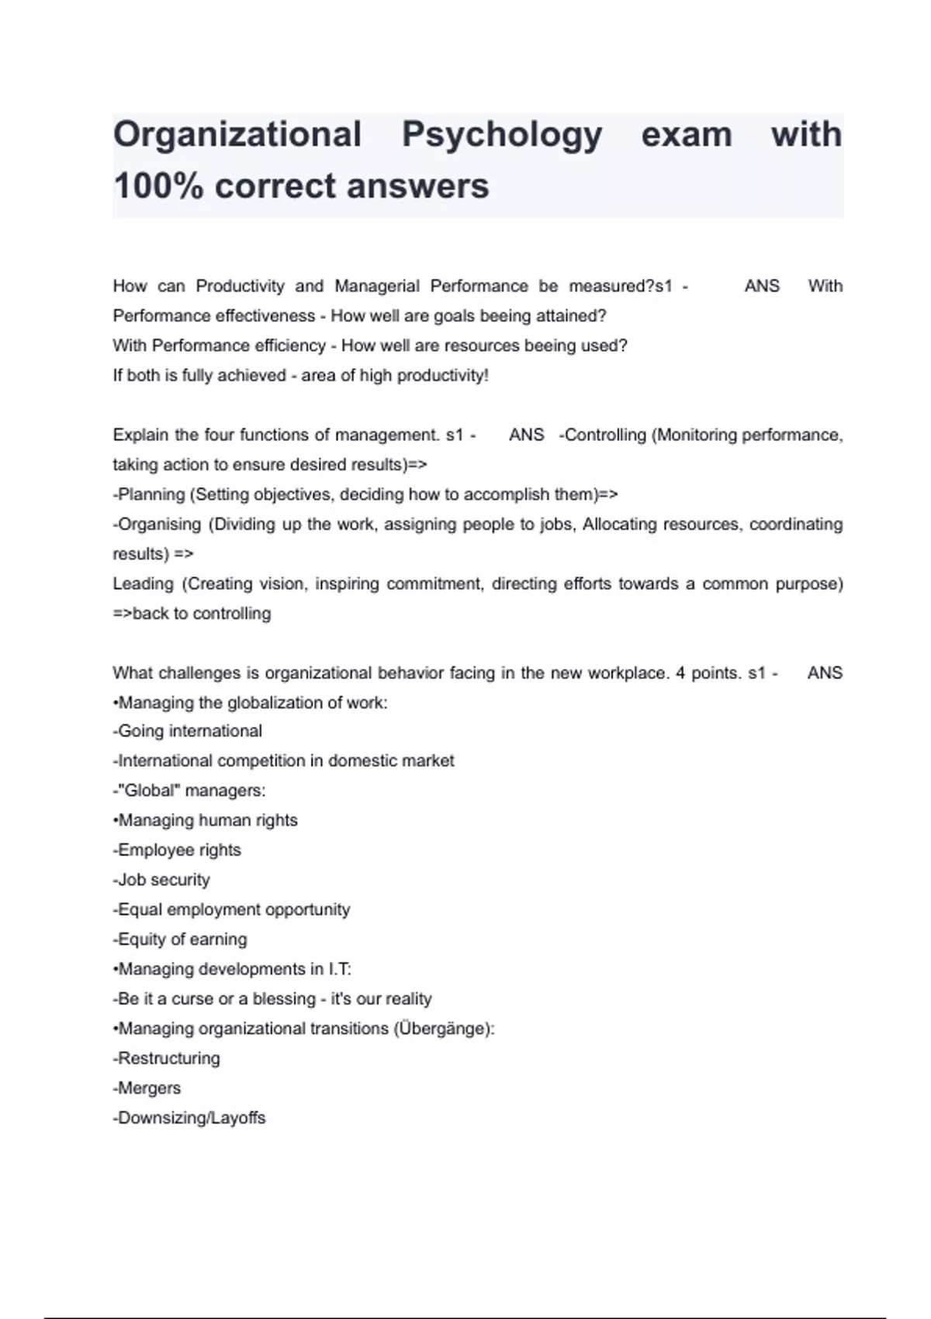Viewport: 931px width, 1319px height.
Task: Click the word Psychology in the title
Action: coord(501,135)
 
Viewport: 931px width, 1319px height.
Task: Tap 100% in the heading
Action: coord(157,186)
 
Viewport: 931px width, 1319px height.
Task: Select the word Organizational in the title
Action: coord(237,135)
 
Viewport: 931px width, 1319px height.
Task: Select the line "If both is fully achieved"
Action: coord(300,376)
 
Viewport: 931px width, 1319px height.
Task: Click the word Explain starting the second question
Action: coord(140,435)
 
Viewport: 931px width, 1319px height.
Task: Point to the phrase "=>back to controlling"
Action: coord(192,614)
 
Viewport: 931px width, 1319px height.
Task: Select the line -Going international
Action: coord(187,732)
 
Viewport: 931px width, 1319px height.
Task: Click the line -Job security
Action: coord(161,880)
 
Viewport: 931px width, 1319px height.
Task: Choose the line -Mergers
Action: coord(147,1089)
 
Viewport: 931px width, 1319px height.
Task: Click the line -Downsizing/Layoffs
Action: coord(189,1118)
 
